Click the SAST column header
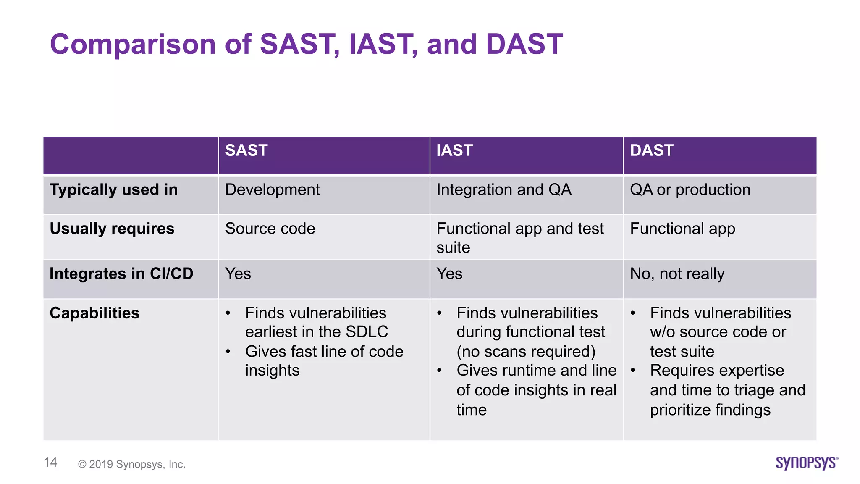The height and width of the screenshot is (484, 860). [x=246, y=150]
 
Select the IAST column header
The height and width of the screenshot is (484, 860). [x=454, y=150]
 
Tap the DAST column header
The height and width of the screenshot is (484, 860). [x=651, y=150]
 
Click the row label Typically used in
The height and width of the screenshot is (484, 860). [x=114, y=190]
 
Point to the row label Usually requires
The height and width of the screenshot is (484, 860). [x=112, y=229]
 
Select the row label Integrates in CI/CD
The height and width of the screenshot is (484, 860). [x=121, y=274]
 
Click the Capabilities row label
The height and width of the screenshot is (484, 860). [x=94, y=313]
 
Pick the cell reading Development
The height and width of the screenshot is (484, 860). [x=272, y=190]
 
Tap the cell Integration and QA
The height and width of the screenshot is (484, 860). [x=504, y=190]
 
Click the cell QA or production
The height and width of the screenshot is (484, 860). [x=690, y=190]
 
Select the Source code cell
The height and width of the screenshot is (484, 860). [x=270, y=229]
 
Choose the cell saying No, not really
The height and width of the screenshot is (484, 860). [x=677, y=274]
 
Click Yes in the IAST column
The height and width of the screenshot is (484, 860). [x=449, y=274]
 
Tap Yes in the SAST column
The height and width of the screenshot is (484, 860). [x=238, y=274]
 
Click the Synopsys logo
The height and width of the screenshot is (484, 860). [x=807, y=463]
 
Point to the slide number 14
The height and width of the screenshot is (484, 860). [x=50, y=463]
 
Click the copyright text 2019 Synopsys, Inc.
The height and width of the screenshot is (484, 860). [x=132, y=464]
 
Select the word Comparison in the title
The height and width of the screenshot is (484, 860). [x=133, y=44]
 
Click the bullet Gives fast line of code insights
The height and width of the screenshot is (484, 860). [x=324, y=361]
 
